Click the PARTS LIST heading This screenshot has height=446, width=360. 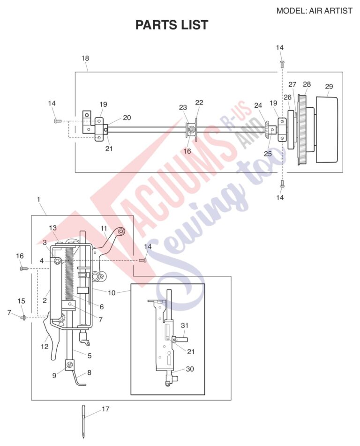pyautogui.click(x=172, y=25)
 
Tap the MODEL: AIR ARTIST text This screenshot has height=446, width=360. pyautogui.click(x=314, y=11)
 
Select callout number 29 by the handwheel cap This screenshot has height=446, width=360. pyautogui.click(x=329, y=87)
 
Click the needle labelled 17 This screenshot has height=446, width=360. pyautogui.click(x=83, y=422)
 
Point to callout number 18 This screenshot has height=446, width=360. pyautogui.click(x=85, y=58)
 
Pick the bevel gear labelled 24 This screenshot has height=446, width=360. pyautogui.click(x=267, y=130)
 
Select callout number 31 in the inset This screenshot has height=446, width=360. pyautogui.click(x=185, y=326)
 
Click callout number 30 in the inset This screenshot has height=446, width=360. pyautogui.click(x=190, y=369)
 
